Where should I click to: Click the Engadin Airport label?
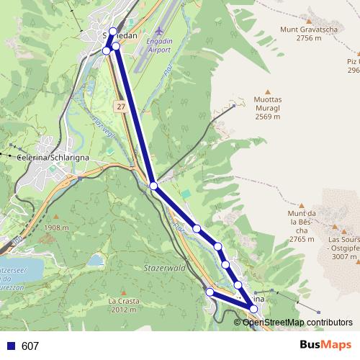158,45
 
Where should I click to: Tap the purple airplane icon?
158,32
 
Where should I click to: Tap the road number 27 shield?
120,107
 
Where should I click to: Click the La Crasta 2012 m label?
122,305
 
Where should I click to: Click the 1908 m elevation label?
55,228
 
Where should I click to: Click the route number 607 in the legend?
30,346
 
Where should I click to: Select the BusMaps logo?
325,345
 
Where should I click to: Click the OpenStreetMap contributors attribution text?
297,322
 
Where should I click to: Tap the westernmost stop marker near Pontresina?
210,292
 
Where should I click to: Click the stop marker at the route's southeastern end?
253,309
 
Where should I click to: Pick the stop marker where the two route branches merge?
153,186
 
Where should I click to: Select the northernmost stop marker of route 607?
112,32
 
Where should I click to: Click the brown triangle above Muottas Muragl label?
267,91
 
